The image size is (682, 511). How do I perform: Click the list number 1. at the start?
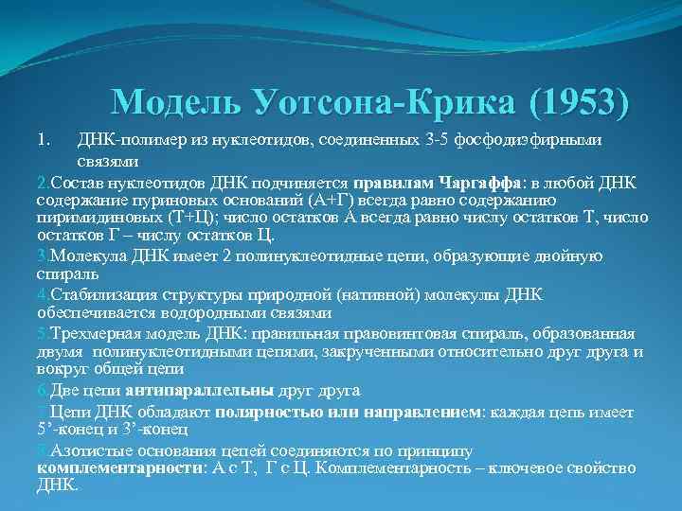(44, 140)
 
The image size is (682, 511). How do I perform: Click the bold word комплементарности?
(117, 467)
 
